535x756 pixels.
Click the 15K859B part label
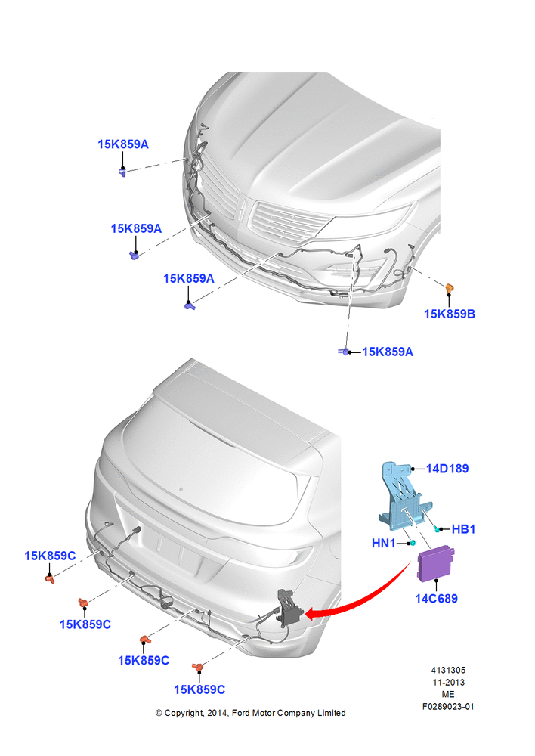pos(449,314)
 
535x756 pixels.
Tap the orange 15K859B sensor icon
pos(450,289)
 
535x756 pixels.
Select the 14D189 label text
pos(447,468)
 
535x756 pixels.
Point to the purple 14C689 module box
pos(436,563)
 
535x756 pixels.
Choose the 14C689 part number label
pos(436,598)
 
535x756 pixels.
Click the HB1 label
pos(463,529)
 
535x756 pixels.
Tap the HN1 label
pos(384,544)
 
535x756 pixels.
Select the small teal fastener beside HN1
pos(413,544)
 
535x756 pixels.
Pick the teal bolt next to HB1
pos(438,529)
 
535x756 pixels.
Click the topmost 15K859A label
pos(123,144)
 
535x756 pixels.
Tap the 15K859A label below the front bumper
pos(388,352)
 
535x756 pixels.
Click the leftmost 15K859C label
pos(50,556)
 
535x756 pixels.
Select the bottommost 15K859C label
pos(199,689)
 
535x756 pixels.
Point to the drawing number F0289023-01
pos(448,706)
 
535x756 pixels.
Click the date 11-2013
pos(448,682)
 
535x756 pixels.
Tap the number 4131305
pos(448,670)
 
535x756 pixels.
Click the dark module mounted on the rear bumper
pos(288,610)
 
